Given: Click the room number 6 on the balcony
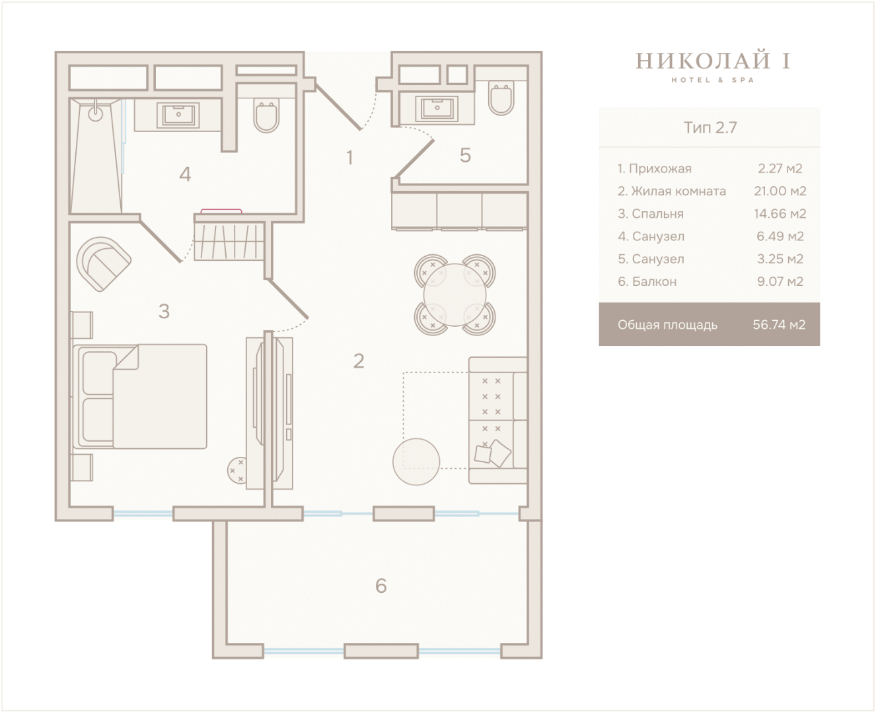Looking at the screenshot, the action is (x=381, y=586).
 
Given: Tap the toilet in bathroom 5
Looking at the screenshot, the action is (x=501, y=98).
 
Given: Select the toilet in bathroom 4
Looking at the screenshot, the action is (x=266, y=116).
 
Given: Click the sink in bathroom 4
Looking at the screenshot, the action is (x=178, y=115).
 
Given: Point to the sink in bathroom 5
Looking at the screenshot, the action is (x=437, y=108).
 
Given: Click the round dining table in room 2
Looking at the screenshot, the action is (x=455, y=294).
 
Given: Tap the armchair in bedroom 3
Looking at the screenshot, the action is (x=104, y=264).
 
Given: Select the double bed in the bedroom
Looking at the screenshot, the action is (x=140, y=396).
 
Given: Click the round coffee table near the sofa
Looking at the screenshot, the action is (x=416, y=461).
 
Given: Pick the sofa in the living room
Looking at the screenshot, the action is (x=498, y=420).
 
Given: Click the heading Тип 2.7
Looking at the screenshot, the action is (x=710, y=127).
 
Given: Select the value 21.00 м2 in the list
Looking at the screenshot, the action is (x=780, y=191).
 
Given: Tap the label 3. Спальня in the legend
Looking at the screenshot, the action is (x=651, y=214).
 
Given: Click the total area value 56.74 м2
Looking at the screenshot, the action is (x=779, y=325).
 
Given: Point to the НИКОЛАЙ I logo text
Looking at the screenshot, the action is (x=713, y=61).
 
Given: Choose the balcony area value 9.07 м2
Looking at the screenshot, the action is (x=780, y=281).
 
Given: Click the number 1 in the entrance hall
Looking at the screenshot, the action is (x=349, y=157).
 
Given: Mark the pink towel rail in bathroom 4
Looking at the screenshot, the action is (x=221, y=211).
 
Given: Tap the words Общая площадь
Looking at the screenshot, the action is (x=667, y=325).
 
